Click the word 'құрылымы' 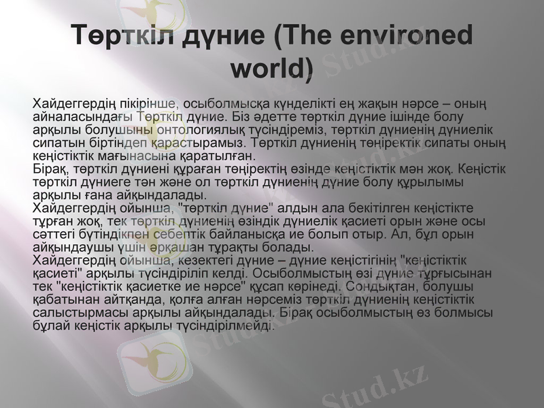click(x=440, y=182)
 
